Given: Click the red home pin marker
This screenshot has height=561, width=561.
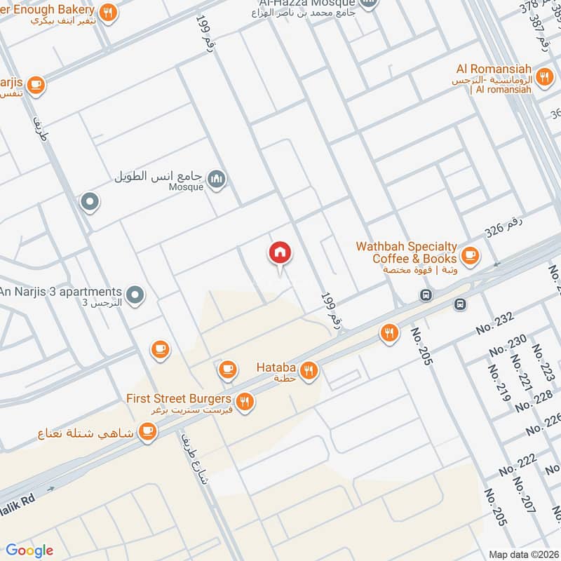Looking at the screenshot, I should (280, 253).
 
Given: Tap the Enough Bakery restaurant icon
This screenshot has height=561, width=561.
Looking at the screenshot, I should (107, 12).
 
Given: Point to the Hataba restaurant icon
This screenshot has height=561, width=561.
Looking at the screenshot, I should (309, 370).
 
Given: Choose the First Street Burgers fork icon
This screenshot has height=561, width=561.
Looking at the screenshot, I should (245, 402).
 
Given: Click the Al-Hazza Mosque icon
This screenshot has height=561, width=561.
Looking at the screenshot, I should (369, 4).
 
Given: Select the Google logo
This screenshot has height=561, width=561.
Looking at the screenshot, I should (30, 550).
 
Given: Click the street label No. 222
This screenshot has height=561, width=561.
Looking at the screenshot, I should (518, 466).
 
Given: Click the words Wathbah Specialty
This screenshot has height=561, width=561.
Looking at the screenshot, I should (407, 247).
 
